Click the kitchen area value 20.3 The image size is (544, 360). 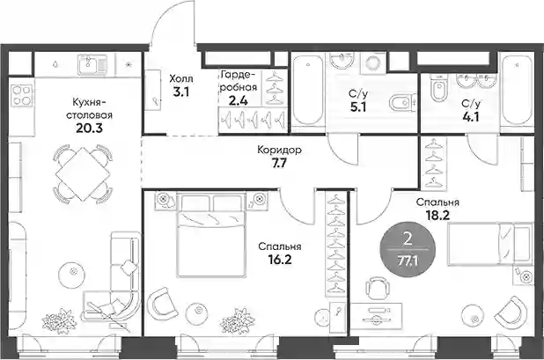click(89, 129)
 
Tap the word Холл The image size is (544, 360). click(181, 78)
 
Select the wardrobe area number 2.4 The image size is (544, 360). click(239, 101)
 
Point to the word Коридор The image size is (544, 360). click(279, 151)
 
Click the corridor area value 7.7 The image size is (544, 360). click(279, 163)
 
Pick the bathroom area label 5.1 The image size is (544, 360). click(358, 107)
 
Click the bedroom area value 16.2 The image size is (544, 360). click(280, 260)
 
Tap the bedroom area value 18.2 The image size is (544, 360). click(437, 216)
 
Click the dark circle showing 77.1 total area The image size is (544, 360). click(408, 249)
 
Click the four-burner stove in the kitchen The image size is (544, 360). click(22, 95)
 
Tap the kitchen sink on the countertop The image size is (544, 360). click(92, 65)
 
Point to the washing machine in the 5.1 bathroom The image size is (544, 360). click(372, 63)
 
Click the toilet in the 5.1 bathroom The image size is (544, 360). click(402, 103)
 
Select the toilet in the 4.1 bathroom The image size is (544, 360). click(438, 89)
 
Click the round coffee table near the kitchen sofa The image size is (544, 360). click(72, 271)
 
